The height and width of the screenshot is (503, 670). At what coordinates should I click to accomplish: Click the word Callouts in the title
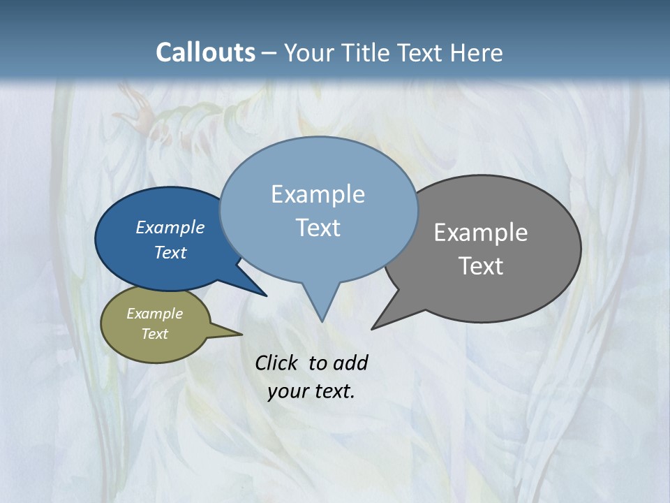pyautogui.click(x=205, y=52)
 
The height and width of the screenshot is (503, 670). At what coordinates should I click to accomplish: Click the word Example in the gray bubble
pyautogui.click(x=481, y=233)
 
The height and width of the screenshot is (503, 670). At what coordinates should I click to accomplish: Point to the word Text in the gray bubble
pyautogui.click(x=481, y=266)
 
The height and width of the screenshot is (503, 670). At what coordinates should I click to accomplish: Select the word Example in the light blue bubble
pyautogui.click(x=318, y=194)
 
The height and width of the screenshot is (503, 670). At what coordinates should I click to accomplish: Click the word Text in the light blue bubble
pyautogui.click(x=318, y=228)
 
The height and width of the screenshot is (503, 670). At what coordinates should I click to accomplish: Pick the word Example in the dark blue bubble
pyautogui.click(x=170, y=227)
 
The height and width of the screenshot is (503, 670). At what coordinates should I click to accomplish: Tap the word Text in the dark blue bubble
pyautogui.click(x=170, y=252)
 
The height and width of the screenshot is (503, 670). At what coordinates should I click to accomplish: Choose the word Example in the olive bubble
pyautogui.click(x=155, y=314)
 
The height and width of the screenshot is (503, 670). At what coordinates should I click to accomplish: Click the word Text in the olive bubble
pyautogui.click(x=155, y=334)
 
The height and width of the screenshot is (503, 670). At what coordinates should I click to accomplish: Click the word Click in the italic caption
pyautogui.click(x=277, y=363)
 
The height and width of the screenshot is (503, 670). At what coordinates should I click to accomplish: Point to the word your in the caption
pyautogui.click(x=287, y=391)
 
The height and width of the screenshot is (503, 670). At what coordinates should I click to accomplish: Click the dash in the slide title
pyautogui.click(x=268, y=52)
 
